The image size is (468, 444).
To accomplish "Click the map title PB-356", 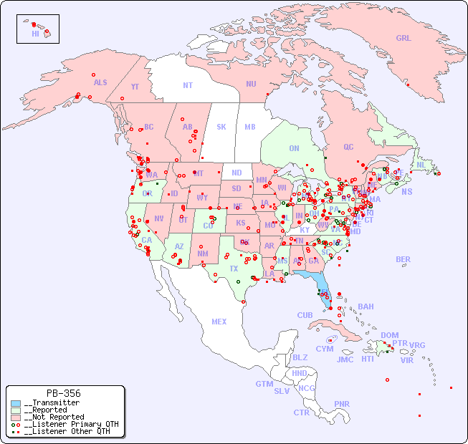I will click(x=63, y=393).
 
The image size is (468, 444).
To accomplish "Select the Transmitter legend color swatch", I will click(x=16, y=403).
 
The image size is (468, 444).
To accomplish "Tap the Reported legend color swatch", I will click(x=16, y=410).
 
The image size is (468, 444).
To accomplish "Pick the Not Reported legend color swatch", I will click(x=16, y=417).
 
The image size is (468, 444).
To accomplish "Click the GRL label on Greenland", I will click(x=403, y=39).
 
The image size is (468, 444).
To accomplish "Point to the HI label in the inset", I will click(x=35, y=34).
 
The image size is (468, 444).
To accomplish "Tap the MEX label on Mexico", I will click(x=219, y=322).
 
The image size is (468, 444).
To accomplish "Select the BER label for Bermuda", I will click(x=403, y=259).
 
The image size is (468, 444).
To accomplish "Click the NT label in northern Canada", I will click(x=188, y=85).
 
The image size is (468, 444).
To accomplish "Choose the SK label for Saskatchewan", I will click(x=221, y=127).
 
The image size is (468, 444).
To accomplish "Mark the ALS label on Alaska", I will click(x=100, y=82).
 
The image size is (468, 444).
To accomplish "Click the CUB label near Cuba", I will click(x=305, y=315).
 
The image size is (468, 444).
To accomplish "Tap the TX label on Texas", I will click(x=234, y=269).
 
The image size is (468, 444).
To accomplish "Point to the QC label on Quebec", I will click(x=348, y=147).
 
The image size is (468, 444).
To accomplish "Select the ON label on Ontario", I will click(x=294, y=148).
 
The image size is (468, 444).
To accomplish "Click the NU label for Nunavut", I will click(x=251, y=84).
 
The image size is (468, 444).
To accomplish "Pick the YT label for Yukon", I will click(x=135, y=87).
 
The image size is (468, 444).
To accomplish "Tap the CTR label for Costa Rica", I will click(x=301, y=412).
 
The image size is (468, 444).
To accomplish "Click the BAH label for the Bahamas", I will click(x=366, y=307).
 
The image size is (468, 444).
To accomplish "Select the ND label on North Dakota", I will click(x=237, y=173).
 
